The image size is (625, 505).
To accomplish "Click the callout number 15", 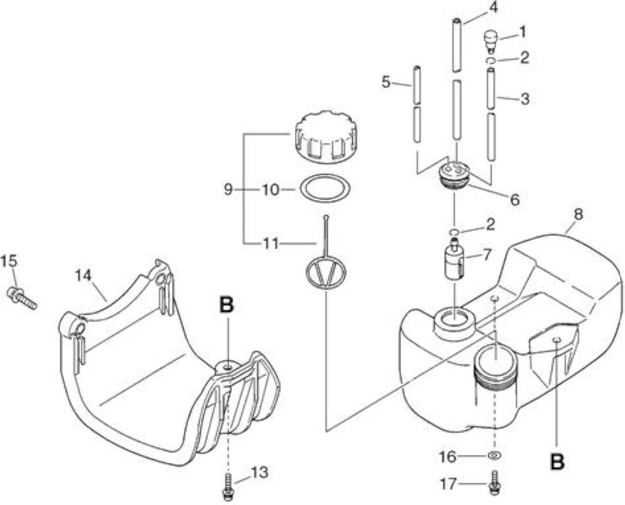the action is point(9,261).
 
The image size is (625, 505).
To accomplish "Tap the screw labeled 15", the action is point(21,298).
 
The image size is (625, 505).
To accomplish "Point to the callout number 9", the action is point(228,189).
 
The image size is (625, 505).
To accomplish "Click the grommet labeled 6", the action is point(455,177).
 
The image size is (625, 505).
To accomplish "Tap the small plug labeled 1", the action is point(490,42).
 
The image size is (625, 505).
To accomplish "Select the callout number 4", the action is point(494,8).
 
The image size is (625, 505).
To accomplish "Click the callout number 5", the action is point(386,82).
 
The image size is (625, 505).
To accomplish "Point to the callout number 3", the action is point(525,99).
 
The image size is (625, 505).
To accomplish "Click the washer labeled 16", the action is point(495,455).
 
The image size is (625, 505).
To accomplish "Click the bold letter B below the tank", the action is point(557,462).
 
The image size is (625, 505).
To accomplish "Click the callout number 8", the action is point(578,215).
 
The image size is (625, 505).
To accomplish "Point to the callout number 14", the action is point(83,275).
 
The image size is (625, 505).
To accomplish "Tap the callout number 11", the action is point(271,244).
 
